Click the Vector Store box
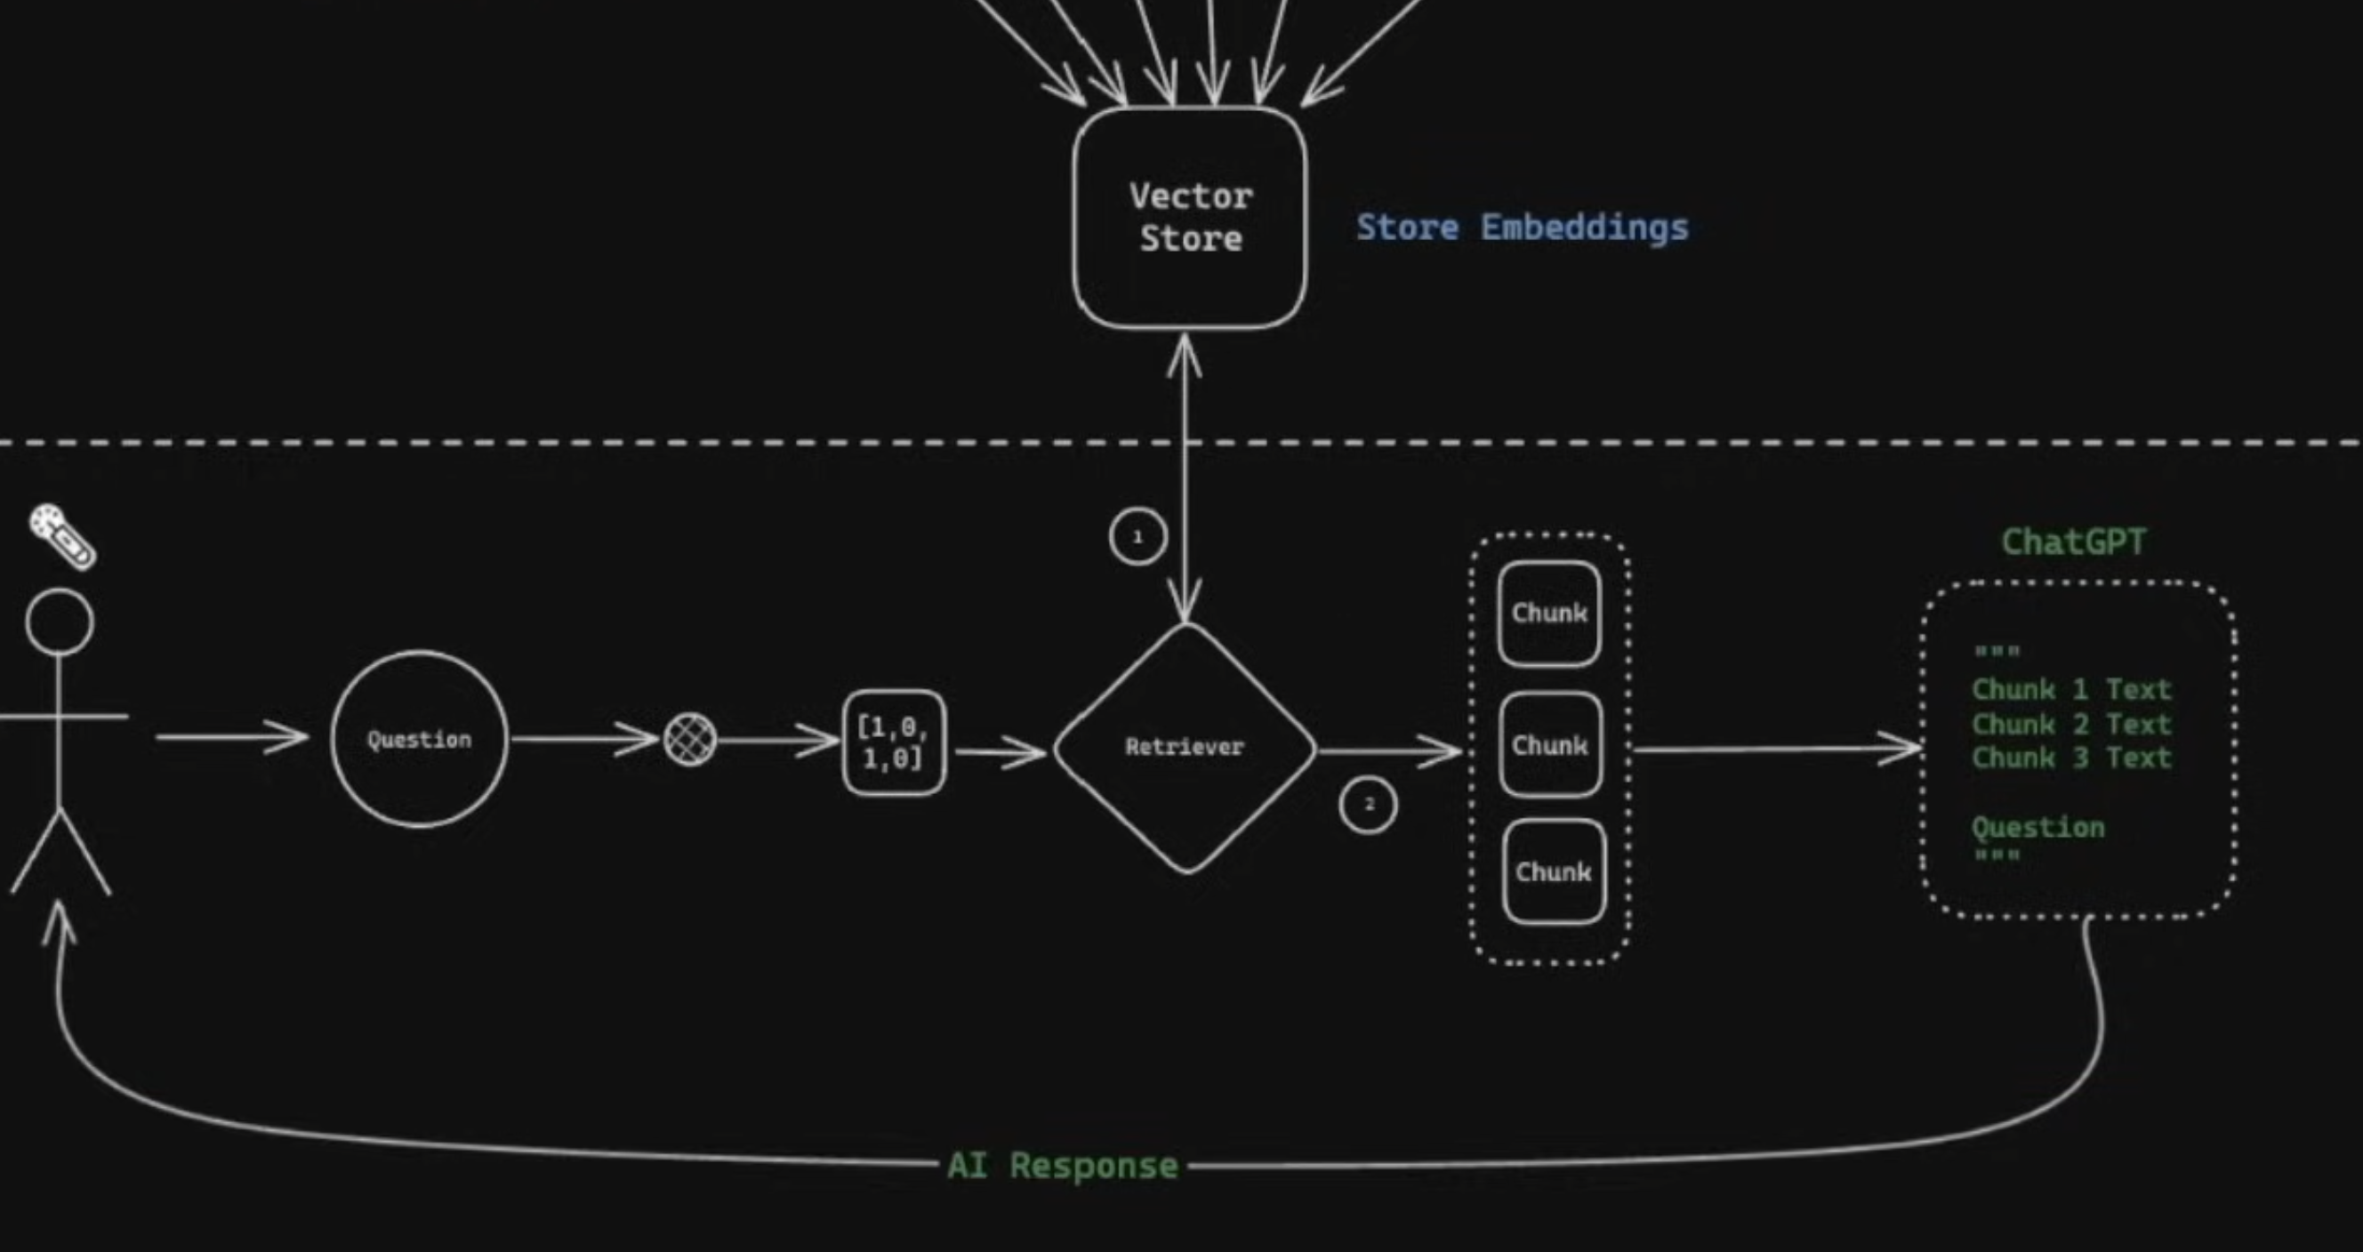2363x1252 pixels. pyautogui.click(x=1190, y=217)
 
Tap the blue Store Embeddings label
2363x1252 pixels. pyautogui.click(x=1522, y=228)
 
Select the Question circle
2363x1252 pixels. pyautogui.click(x=419, y=739)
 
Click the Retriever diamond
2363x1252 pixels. pyautogui.click(x=1186, y=747)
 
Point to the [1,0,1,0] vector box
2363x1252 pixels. pyautogui.click(x=894, y=742)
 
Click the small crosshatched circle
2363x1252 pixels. pyautogui.click(x=690, y=739)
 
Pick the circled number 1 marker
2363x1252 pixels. pyautogui.click(x=1137, y=536)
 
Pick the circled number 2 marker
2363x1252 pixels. pyautogui.click(x=1368, y=806)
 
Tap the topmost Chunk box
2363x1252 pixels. pyautogui.click(x=1549, y=613)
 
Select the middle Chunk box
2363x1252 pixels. pyautogui.click(x=1550, y=745)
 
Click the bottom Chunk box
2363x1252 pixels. pyautogui.click(x=1553, y=871)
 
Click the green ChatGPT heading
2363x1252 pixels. pyautogui.click(x=2073, y=542)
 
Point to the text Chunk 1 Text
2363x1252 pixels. pyautogui.click(x=2071, y=689)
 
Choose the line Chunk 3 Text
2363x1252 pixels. pyautogui.click(x=2071, y=758)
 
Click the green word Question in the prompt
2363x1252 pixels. pyautogui.click(x=2037, y=827)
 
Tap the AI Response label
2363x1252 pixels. pyautogui.click(x=1062, y=1166)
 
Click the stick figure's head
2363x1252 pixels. pyautogui.click(x=60, y=622)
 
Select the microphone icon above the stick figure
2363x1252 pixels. pyautogui.click(x=62, y=535)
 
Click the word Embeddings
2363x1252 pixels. pyautogui.click(x=1584, y=228)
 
